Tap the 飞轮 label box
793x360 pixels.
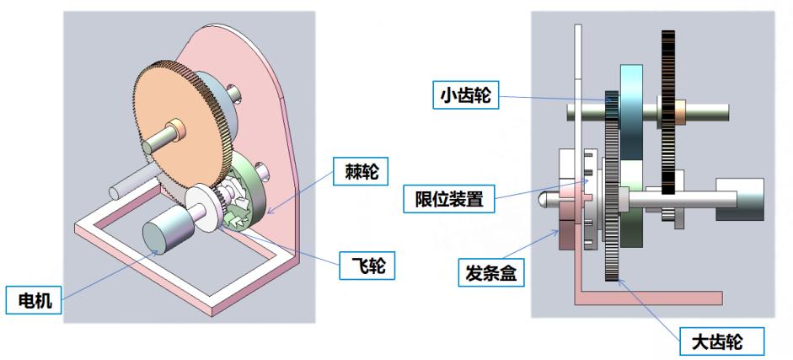coord(367,265)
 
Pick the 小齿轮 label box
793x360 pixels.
coord(466,94)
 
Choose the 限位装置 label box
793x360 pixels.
coord(448,199)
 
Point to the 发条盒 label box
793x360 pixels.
coord(490,272)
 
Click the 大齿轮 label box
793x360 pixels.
coord(721,341)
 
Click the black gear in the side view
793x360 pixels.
coord(668,112)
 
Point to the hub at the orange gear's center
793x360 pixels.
coord(178,128)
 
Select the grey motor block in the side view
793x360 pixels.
coord(740,199)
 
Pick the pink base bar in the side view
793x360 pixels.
coord(648,298)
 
